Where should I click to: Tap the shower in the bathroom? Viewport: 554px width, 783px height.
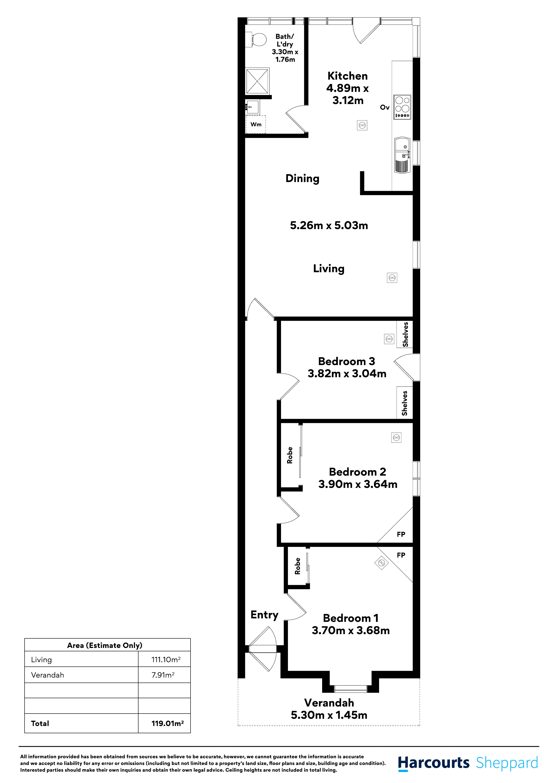[x=257, y=81]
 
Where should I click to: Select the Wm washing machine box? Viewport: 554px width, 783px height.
[x=256, y=125]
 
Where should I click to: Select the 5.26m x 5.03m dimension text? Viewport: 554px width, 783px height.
[x=329, y=225]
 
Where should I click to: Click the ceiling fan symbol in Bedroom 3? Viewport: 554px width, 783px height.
[x=389, y=339]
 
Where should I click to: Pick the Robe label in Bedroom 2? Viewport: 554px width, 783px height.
[x=290, y=455]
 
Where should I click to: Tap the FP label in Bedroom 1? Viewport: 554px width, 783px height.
[x=401, y=555]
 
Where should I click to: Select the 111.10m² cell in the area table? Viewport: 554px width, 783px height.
[x=166, y=660]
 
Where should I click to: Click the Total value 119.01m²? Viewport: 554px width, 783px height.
[x=167, y=723]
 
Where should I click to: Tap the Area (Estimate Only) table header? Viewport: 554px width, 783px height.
[x=105, y=645]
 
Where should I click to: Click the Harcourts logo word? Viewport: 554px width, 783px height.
[x=434, y=763]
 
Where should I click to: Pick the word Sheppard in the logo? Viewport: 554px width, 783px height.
[x=507, y=763]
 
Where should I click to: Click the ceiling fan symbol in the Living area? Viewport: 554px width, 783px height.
[x=392, y=278]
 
